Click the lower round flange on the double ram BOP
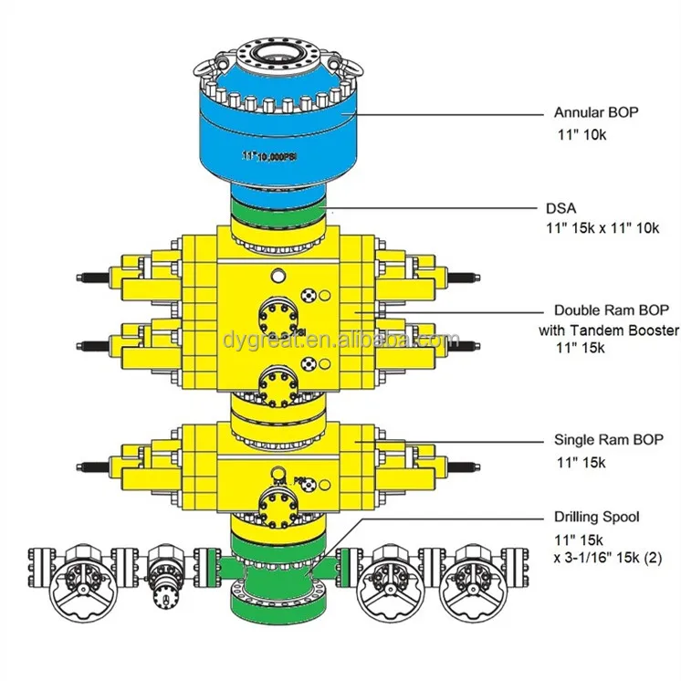click(x=276, y=386)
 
